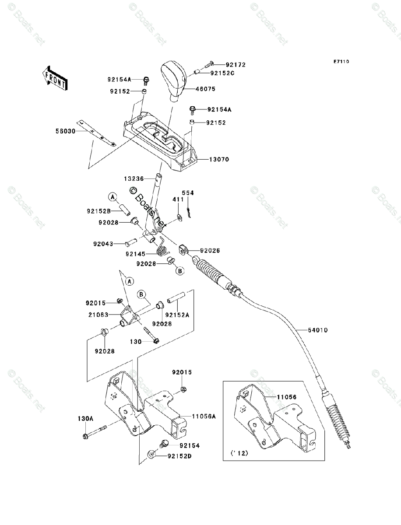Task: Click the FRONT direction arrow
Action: pyautogui.click(x=55, y=78)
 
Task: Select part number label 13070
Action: pyautogui.click(x=219, y=159)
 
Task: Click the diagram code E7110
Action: pyautogui.click(x=341, y=62)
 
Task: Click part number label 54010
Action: pyautogui.click(x=318, y=330)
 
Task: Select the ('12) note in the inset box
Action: pyautogui.click(x=239, y=453)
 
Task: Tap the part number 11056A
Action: pyautogui.click(x=204, y=416)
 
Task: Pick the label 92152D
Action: pyautogui.click(x=179, y=456)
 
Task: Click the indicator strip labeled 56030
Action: pyautogui.click(x=96, y=133)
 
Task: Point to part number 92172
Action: pyautogui.click(x=236, y=65)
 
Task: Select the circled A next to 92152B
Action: pyautogui.click(x=112, y=197)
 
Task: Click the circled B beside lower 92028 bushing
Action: pyautogui.click(x=180, y=271)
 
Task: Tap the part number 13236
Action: pyautogui.click(x=134, y=178)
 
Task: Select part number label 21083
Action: pyautogui.click(x=98, y=315)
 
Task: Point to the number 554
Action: pyautogui.click(x=188, y=193)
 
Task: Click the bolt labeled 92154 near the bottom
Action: pyautogui.click(x=164, y=444)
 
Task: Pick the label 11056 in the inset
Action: pyautogui.click(x=287, y=397)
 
